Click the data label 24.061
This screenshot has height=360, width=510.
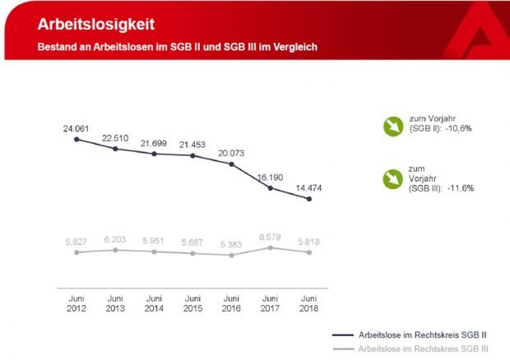pos(76,129)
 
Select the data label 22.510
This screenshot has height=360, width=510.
pos(115,137)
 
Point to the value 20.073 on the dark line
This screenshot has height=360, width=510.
pos(231,153)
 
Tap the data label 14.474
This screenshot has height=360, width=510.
pos(308,188)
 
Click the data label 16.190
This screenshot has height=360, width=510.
pos(269,176)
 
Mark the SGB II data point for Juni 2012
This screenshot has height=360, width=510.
pos(76,140)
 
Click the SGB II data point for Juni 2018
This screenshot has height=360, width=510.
pos(308,199)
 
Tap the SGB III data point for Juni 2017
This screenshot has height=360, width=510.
pos(270,247)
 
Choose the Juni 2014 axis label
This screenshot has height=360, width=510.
pos(154,303)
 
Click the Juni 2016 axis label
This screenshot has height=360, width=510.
pos(231,303)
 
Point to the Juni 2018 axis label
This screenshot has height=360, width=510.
pos(308,303)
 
